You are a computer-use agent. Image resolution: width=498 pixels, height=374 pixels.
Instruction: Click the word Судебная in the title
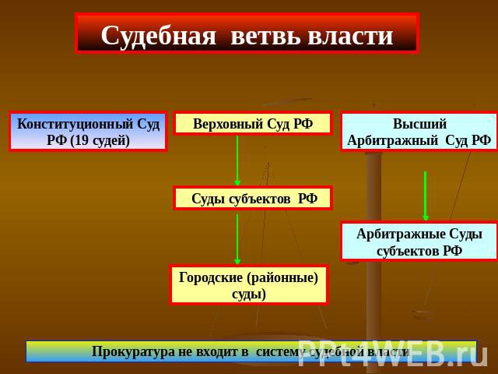coord(159,36)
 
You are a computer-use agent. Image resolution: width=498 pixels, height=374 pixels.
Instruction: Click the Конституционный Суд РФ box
coord(88,132)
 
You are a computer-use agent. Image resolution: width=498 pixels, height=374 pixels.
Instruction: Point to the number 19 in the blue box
coord(82,140)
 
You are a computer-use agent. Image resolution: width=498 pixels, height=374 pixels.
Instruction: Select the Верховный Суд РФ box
coord(253,123)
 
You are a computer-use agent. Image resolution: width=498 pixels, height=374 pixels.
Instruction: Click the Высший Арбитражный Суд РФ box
coord(419,132)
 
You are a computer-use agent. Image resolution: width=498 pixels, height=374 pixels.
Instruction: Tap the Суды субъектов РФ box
coord(253,198)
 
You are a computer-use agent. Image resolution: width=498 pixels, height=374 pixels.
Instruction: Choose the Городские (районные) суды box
coord(249,284)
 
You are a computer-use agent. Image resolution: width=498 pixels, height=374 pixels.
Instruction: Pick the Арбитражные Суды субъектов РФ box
coord(419,242)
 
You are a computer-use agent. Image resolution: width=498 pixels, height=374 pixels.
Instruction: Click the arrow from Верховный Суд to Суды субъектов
coord(237,161)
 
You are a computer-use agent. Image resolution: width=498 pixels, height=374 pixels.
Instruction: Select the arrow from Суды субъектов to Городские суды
coord(237,239)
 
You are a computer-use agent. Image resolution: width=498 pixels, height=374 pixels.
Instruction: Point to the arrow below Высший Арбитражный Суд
coord(426,196)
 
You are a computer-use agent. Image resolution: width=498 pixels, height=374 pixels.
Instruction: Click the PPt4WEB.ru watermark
coord(392,353)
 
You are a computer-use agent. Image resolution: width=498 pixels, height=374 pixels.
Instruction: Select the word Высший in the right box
coord(419,123)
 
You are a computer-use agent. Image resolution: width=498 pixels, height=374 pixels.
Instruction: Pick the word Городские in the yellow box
coord(211,277)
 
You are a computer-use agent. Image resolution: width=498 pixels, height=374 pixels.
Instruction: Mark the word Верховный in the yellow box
coord(228,124)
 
